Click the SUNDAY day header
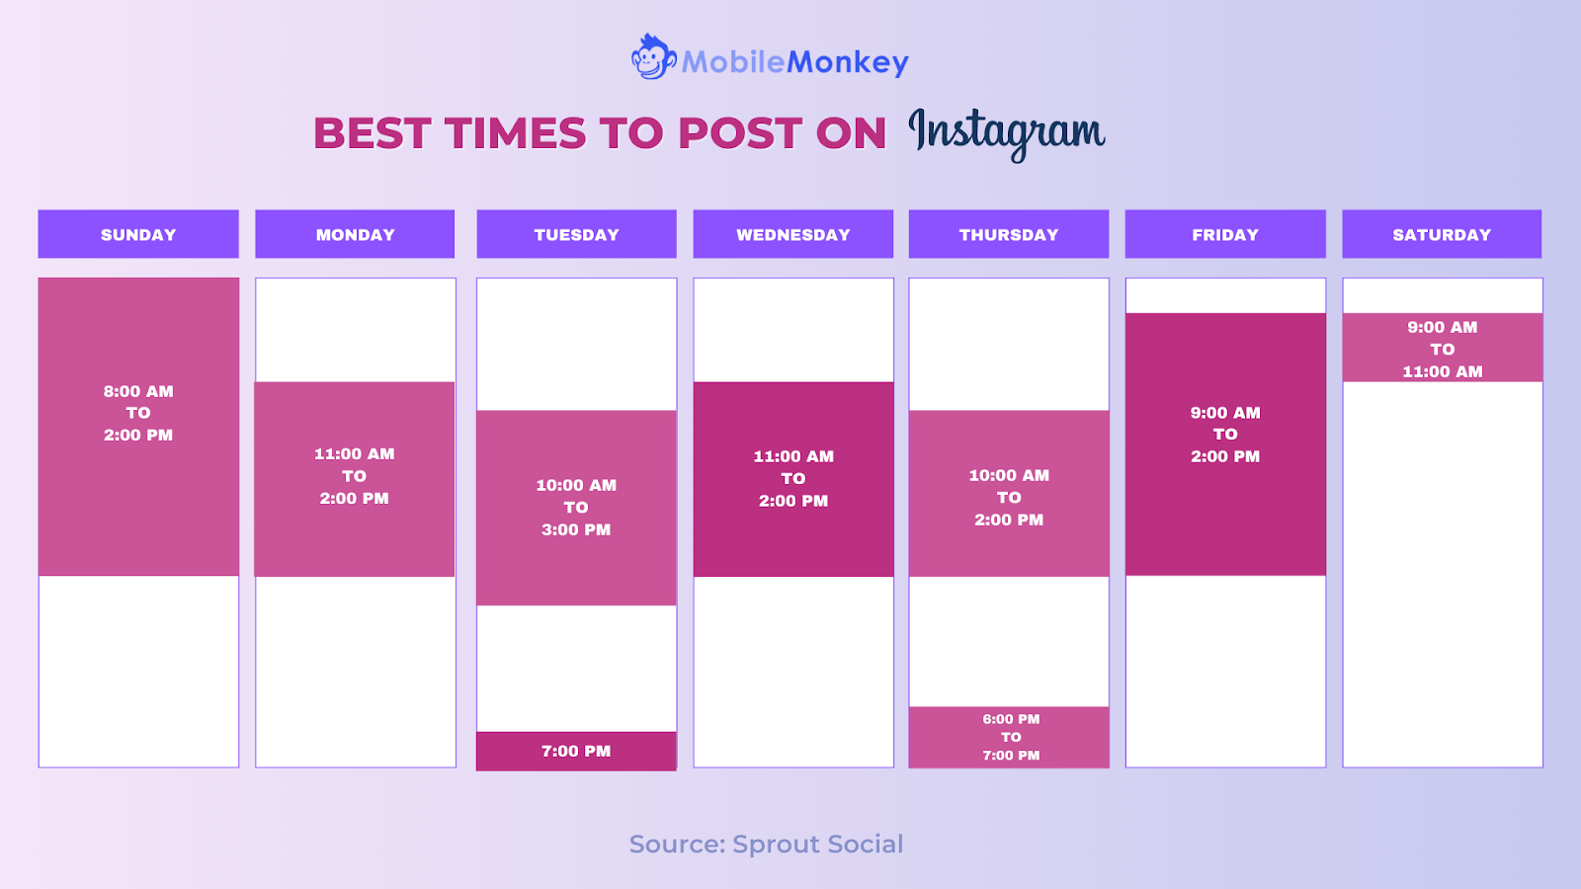(x=138, y=234)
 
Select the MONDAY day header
(x=355, y=234)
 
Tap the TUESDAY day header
(x=577, y=234)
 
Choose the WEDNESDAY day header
(x=793, y=234)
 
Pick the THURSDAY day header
(x=1009, y=234)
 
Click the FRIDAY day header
(x=1225, y=234)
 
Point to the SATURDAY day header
(x=1442, y=234)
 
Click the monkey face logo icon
(x=653, y=57)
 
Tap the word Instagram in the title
(x=1007, y=134)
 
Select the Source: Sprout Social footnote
(x=766, y=844)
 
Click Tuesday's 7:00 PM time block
(x=577, y=752)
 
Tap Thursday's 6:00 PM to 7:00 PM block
(x=1009, y=737)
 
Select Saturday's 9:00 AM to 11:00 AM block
(x=1442, y=348)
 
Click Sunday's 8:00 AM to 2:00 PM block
(x=138, y=427)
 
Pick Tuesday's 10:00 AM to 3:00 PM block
(x=577, y=508)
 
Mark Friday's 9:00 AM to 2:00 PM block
(x=1225, y=444)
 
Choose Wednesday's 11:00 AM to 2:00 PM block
(x=793, y=480)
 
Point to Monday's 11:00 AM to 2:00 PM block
(x=355, y=480)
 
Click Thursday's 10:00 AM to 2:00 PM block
(x=1009, y=494)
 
